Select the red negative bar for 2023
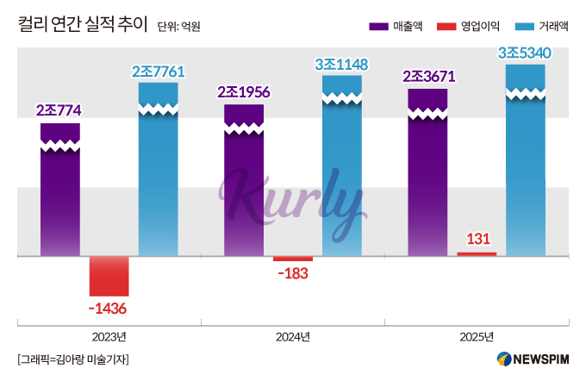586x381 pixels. pyautogui.click(x=109, y=276)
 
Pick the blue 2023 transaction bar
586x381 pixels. pyautogui.click(x=158, y=172)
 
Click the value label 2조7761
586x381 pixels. pyautogui.click(x=159, y=71)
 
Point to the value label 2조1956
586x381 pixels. pyautogui.click(x=244, y=92)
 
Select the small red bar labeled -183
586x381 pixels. pyautogui.click(x=293, y=259)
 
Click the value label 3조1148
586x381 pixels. pyautogui.click(x=342, y=63)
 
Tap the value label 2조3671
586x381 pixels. pyautogui.click(x=428, y=77)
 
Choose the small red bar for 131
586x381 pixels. pyautogui.click(x=477, y=253)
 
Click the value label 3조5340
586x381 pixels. pyautogui.click(x=525, y=53)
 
